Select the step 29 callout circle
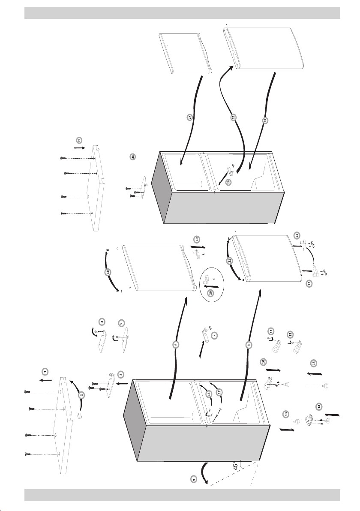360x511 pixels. [78, 140]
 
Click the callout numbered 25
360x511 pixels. [234, 117]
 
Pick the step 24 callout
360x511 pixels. [265, 120]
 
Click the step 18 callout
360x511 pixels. [108, 272]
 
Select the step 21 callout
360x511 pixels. [230, 260]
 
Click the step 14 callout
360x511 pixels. [318, 406]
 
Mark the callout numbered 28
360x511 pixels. [133, 157]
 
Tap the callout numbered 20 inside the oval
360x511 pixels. [210, 293]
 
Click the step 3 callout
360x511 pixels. [121, 374]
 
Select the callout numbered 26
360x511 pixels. [229, 182]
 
